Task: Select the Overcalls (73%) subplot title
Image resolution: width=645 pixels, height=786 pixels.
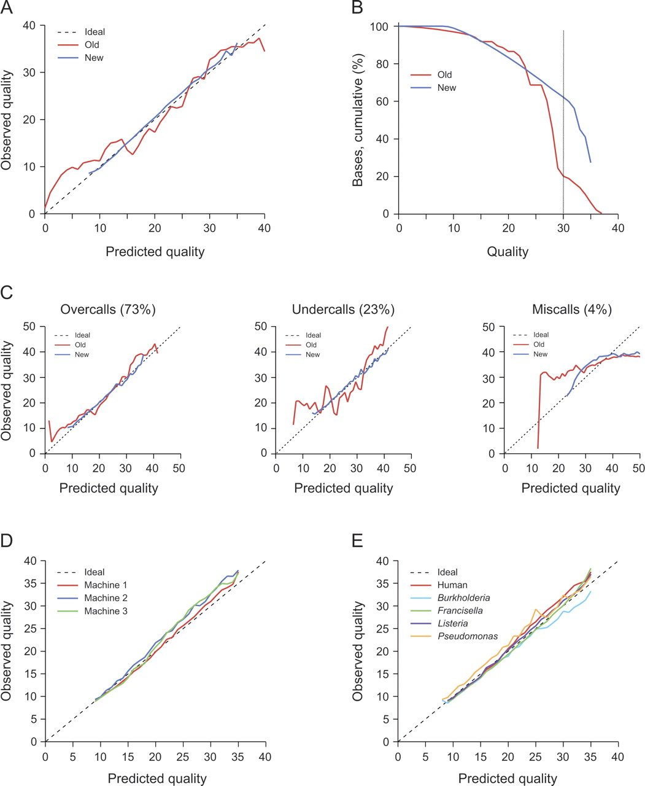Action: click(x=108, y=309)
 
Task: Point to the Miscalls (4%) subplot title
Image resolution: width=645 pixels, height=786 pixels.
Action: click(x=571, y=309)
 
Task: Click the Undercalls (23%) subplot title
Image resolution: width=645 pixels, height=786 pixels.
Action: click(x=343, y=309)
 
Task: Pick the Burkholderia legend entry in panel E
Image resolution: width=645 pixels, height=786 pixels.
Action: click(x=463, y=597)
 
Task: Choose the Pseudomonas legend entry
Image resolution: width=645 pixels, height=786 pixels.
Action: click(x=468, y=636)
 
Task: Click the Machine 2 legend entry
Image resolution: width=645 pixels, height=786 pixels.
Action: click(x=106, y=598)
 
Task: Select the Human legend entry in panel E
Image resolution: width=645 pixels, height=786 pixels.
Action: click(x=452, y=585)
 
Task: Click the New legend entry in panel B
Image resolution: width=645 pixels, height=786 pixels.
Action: click(x=447, y=88)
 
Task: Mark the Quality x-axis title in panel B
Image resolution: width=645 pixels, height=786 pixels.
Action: click(x=508, y=251)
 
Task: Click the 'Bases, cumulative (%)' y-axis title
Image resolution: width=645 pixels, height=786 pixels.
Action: click(x=358, y=120)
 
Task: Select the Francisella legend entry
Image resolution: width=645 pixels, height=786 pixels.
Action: click(x=460, y=610)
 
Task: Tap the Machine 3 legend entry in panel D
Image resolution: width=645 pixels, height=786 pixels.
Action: click(x=106, y=611)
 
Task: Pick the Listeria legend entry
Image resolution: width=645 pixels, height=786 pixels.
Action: click(x=452, y=623)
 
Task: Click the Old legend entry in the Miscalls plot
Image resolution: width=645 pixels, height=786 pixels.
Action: click(x=539, y=344)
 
